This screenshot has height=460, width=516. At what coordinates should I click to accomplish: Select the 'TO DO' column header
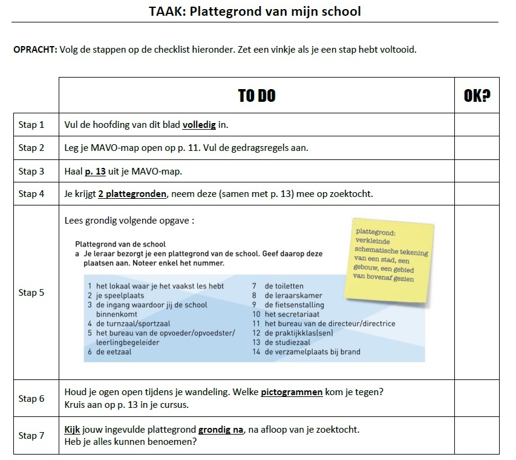257,96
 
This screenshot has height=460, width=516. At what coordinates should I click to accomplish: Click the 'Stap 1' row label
31,125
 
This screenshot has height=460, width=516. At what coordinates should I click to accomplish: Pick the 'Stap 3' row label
31,172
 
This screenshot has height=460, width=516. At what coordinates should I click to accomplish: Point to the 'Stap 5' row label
31,293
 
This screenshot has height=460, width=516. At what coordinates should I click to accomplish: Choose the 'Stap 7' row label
31,435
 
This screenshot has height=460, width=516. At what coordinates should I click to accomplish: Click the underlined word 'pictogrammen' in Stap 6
292,392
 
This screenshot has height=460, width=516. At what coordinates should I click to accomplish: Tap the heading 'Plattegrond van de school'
120,244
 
